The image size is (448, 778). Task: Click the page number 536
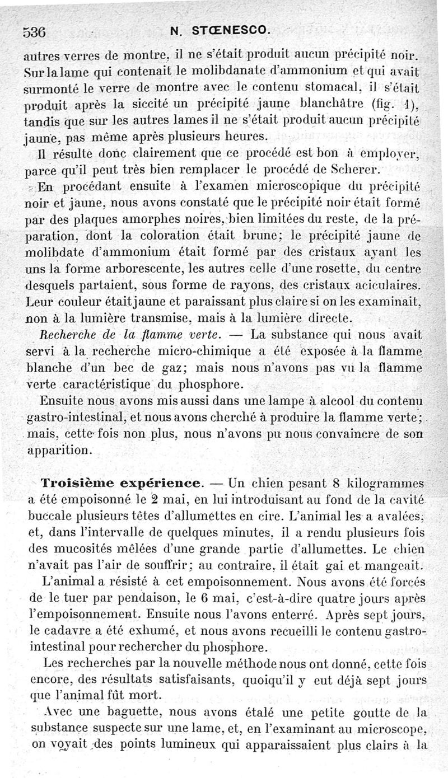[34, 31]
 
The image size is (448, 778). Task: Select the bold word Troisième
[81, 482]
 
